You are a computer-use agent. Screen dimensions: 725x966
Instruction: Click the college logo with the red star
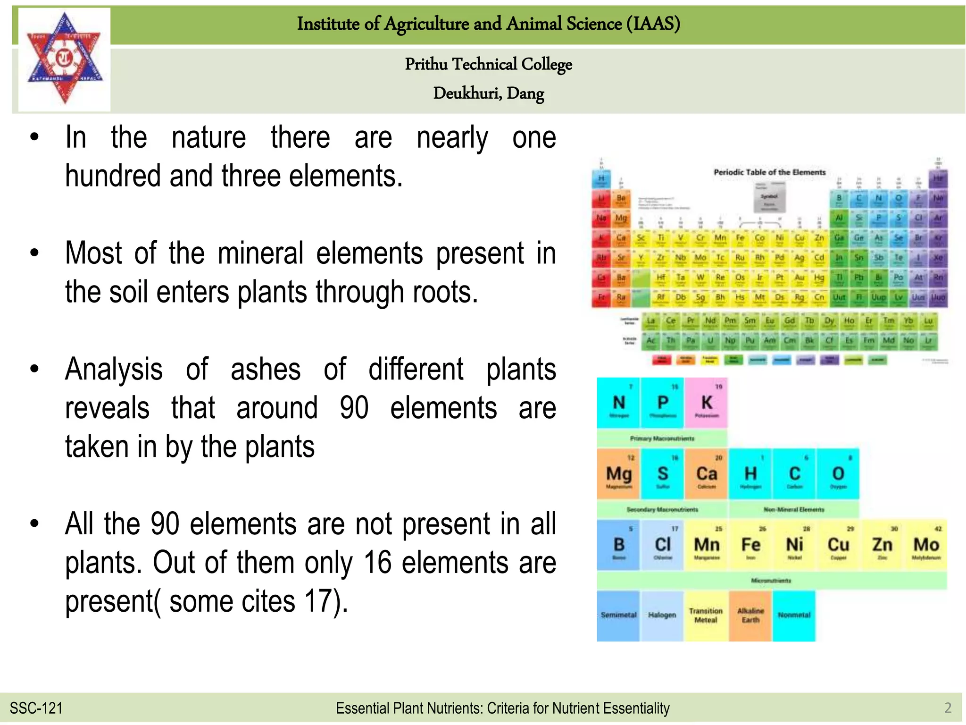pyautogui.click(x=64, y=59)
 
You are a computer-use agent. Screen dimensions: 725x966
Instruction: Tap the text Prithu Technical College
pyautogui.click(x=488, y=64)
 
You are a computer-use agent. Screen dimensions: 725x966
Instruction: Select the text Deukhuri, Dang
pyautogui.click(x=488, y=93)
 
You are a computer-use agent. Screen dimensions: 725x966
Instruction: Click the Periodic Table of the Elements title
pyautogui.click(x=769, y=172)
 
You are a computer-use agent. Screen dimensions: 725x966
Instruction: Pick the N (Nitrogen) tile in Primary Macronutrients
pyautogui.click(x=618, y=403)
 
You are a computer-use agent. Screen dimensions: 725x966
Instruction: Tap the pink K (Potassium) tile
pyautogui.click(x=706, y=403)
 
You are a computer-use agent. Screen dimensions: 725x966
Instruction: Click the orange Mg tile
pyautogui.click(x=618, y=474)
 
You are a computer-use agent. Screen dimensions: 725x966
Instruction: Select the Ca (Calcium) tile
pyautogui.click(x=706, y=474)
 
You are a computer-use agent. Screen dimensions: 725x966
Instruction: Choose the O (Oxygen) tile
pyautogui.click(x=838, y=474)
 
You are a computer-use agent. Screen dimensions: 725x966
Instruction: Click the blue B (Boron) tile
pyautogui.click(x=618, y=545)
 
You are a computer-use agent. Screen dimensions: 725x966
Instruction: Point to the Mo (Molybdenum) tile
pyautogui.click(x=926, y=545)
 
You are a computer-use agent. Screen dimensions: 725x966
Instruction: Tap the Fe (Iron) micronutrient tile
pyautogui.click(x=750, y=545)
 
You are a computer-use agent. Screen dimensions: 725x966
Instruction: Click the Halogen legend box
pyautogui.click(x=662, y=615)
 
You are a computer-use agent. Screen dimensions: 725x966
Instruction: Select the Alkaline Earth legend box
pyautogui.click(x=750, y=615)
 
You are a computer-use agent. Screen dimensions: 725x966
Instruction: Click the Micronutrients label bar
pyautogui.click(x=771, y=581)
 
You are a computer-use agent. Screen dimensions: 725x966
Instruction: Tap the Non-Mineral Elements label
pyautogui.click(x=794, y=510)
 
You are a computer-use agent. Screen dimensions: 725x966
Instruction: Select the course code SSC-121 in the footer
pyautogui.click(x=36, y=708)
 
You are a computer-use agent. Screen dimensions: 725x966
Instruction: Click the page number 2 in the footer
pyautogui.click(x=948, y=708)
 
